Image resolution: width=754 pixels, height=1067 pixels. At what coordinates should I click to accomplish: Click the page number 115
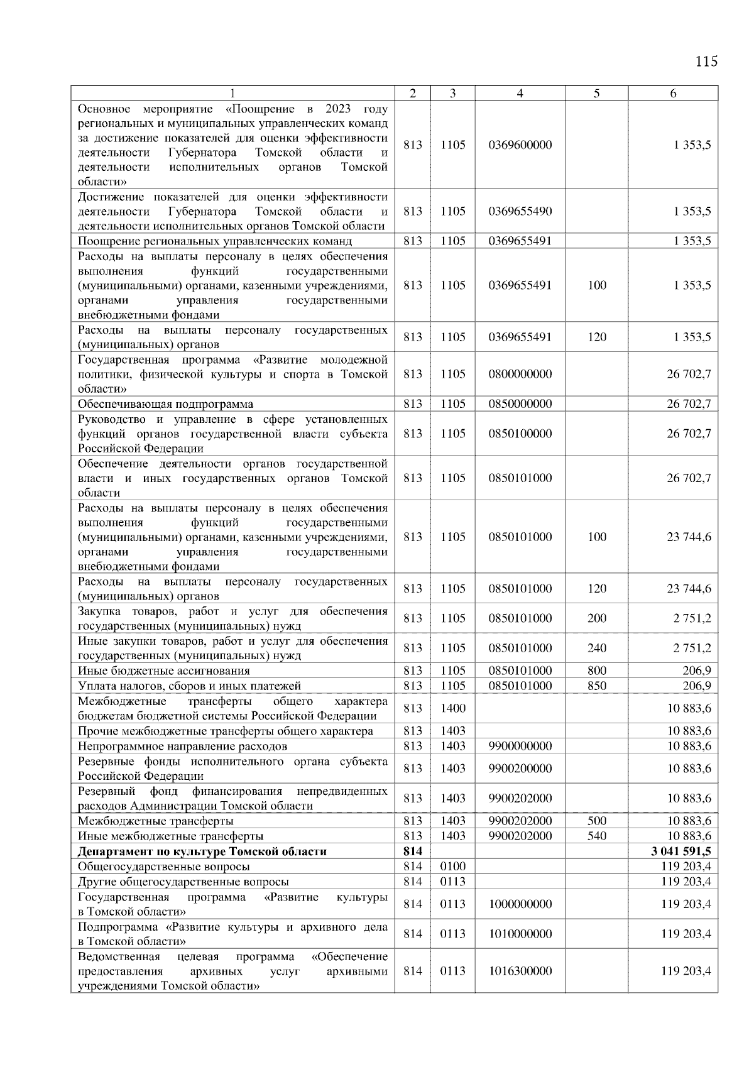click(x=706, y=62)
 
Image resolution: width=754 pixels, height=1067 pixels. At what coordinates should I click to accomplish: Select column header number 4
click(x=520, y=93)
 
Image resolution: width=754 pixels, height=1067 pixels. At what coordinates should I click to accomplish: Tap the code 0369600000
click(x=520, y=145)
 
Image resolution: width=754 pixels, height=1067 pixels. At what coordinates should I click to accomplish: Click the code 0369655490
click(x=520, y=211)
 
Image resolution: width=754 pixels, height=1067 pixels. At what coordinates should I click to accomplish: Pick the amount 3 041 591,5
click(x=682, y=851)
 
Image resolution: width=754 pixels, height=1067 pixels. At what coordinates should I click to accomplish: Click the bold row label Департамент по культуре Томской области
click(x=202, y=851)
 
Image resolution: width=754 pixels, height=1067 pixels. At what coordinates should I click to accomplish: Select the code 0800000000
click(x=520, y=374)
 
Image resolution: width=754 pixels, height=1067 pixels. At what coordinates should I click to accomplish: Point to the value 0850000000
click(x=520, y=404)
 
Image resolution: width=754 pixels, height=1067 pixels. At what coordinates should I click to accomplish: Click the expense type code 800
click(x=596, y=670)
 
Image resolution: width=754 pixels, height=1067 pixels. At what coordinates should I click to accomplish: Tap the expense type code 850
click(x=596, y=686)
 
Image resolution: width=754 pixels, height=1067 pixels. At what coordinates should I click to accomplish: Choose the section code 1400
click(x=452, y=708)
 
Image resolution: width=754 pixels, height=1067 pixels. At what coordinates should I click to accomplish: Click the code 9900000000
click(x=520, y=746)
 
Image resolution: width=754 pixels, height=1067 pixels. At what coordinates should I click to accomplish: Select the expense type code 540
click(x=596, y=836)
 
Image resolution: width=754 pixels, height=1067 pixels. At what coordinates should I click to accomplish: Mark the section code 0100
click(x=452, y=867)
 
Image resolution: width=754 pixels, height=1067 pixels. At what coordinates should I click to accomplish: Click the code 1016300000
click(x=520, y=971)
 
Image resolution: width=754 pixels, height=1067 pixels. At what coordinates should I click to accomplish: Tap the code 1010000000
click(x=520, y=934)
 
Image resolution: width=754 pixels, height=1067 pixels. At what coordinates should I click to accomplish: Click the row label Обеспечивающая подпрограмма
click(x=165, y=404)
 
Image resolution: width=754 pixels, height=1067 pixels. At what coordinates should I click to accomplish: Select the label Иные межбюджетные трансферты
click(x=170, y=836)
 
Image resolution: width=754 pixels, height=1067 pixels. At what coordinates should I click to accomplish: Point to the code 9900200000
click(x=520, y=769)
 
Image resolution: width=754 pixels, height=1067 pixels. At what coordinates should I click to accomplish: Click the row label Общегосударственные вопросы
click(x=163, y=867)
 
